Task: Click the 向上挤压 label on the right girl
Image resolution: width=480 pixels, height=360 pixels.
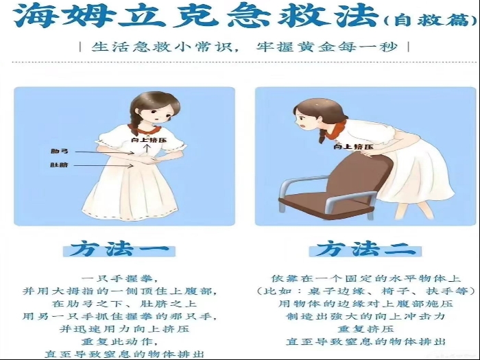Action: point(353,146)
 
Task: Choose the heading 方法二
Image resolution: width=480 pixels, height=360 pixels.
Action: point(365,248)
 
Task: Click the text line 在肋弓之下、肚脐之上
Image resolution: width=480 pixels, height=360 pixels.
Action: point(120,303)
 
